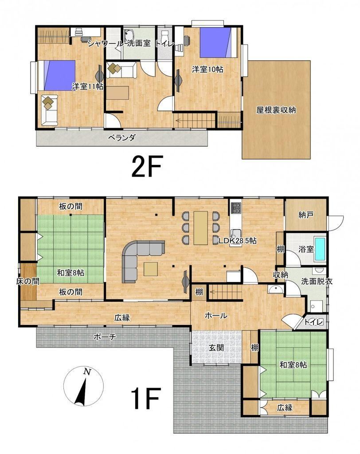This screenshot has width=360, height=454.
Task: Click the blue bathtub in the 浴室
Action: [x=321, y=249]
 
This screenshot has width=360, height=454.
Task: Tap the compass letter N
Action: [x=86, y=372]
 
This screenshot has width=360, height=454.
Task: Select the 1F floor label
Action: [x=145, y=399]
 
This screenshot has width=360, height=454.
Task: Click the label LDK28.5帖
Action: [x=238, y=240]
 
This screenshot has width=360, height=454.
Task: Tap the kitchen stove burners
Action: [x=236, y=207]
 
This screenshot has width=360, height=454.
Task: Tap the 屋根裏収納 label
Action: [x=276, y=110]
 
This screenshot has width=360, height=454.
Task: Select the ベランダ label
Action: [x=121, y=137]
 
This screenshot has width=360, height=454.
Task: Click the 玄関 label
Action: [x=216, y=348]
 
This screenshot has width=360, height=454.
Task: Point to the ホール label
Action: [x=216, y=315]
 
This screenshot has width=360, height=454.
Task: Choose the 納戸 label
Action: [x=306, y=215]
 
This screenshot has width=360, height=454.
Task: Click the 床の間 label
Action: [x=28, y=281]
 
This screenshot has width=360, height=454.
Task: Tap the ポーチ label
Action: [x=105, y=337]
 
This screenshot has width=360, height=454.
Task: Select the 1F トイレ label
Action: [x=313, y=322]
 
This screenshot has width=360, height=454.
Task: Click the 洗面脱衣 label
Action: [x=317, y=281]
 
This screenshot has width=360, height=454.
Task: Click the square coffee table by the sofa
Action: [x=151, y=269]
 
